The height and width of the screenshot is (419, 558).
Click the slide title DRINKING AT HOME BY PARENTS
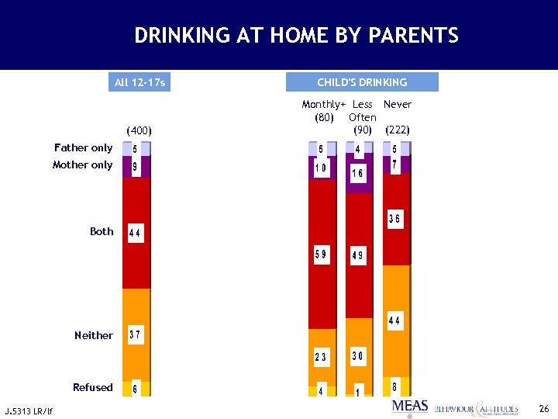[296, 36]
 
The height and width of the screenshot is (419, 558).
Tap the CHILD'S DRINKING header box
[362, 82]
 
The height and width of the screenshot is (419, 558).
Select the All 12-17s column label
[140, 82]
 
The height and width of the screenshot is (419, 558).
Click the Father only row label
[83, 147]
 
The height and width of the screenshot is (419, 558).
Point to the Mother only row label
[82, 164]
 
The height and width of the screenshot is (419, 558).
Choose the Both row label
[102, 231]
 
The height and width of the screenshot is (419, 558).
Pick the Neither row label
[94, 335]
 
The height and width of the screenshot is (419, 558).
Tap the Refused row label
[93, 387]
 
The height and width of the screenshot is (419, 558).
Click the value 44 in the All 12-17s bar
[135, 232]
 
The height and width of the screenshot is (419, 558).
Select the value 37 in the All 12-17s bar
[135, 335]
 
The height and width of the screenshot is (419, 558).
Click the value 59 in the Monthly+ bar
[321, 254]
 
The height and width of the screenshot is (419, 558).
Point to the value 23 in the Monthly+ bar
[321, 357]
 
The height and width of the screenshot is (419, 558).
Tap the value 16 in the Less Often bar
[358, 174]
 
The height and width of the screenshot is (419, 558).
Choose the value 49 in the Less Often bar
[358, 256]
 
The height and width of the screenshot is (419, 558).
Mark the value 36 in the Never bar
[394, 220]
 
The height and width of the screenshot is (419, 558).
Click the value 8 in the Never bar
[395, 386]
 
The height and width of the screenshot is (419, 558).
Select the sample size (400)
[139, 130]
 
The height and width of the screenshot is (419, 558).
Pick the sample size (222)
[398, 130]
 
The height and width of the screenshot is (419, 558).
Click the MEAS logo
[410, 407]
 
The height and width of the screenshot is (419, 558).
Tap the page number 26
[543, 407]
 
